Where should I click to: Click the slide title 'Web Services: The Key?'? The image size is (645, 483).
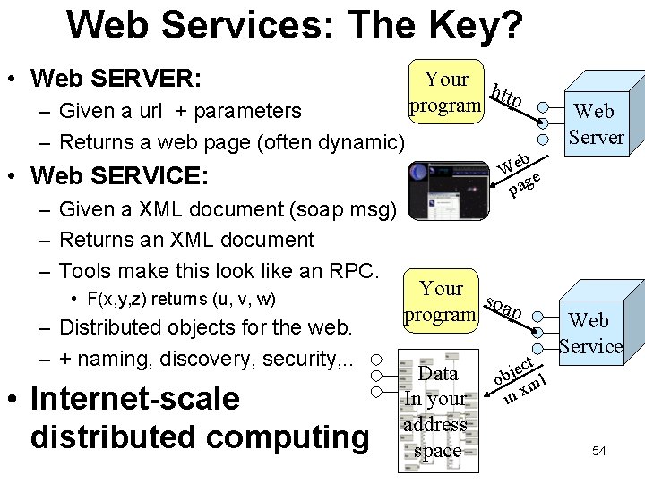tap(295, 26)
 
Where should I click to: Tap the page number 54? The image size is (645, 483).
tap(598, 451)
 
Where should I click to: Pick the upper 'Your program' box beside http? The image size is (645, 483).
tap(446, 92)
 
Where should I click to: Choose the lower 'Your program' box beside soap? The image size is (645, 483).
tap(441, 301)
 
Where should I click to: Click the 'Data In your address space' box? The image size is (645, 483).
tap(437, 411)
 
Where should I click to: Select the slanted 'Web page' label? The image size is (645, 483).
tap(519, 174)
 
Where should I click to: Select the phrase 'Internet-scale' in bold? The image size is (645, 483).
tap(134, 399)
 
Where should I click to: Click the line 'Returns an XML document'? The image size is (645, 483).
tap(186, 240)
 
